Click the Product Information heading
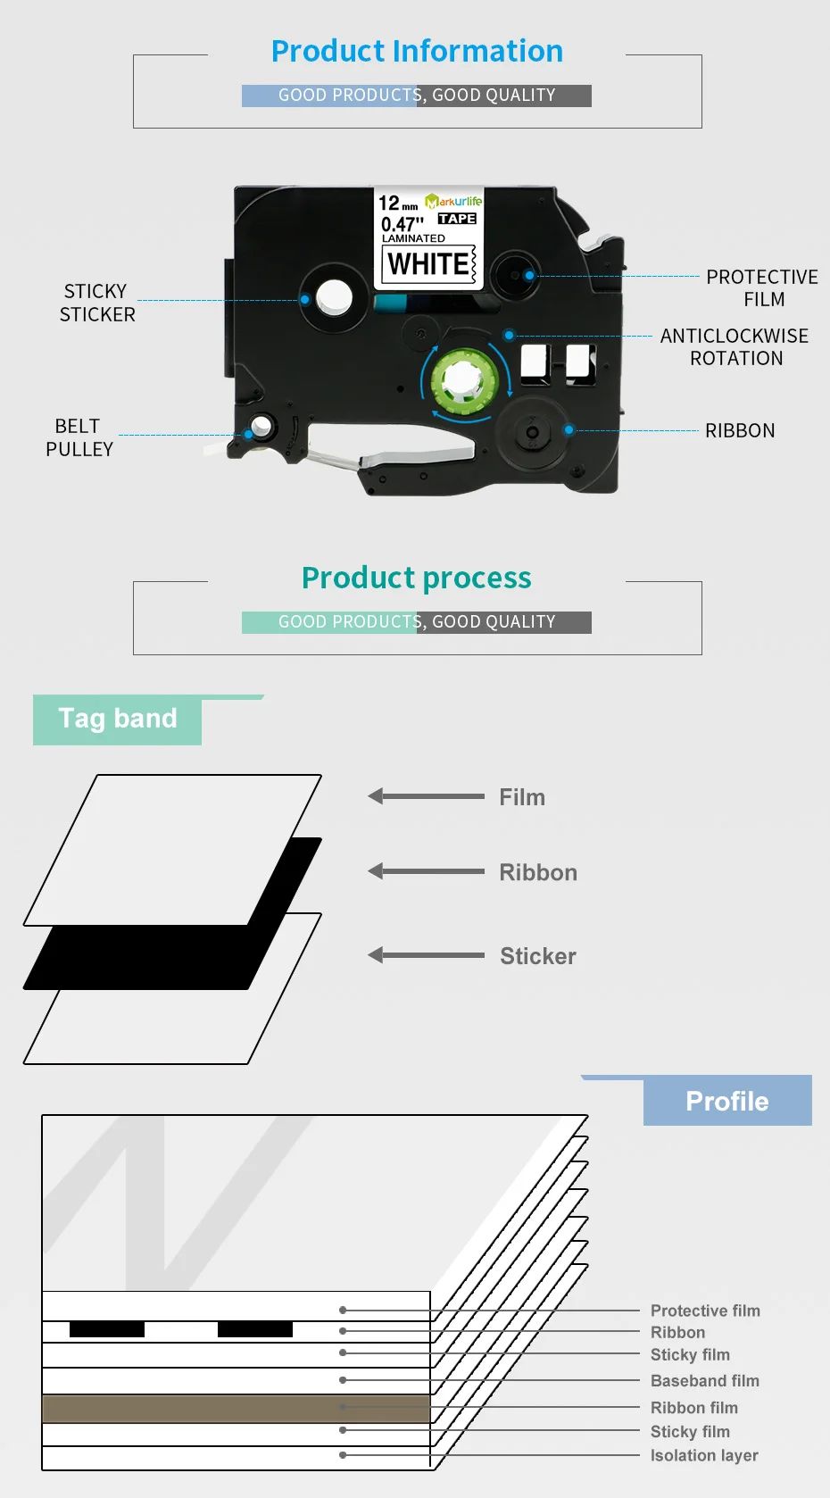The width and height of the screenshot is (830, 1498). [x=417, y=52]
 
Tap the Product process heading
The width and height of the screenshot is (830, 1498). [x=416, y=578]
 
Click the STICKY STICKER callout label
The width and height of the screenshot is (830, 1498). [x=96, y=303]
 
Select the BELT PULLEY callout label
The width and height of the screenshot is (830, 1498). [x=79, y=437]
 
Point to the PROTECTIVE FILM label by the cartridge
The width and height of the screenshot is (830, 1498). [x=762, y=287]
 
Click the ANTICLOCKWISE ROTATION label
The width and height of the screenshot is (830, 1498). [x=735, y=346]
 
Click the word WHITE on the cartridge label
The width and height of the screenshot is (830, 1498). [x=428, y=264]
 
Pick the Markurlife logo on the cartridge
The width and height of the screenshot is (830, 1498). [x=454, y=202]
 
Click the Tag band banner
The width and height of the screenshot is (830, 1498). [x=118, y=719]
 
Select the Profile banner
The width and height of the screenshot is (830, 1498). [x=727, y=1101]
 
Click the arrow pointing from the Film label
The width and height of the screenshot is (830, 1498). [x=426, y=796]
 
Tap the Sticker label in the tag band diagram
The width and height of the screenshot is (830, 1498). [x=537, y=956]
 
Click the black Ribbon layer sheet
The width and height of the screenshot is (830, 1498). [x=143, y=957]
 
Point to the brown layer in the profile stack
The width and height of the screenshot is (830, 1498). [x=237, y=1409]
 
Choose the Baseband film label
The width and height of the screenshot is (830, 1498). [x=704, y=1381]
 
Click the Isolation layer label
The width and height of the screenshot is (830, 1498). [x=704, y=1455]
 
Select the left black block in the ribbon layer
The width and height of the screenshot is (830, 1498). [x=107, y=1329]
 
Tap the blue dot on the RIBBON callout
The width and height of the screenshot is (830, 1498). [x=569, y=430]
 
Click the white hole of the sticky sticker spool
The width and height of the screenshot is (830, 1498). [x=334, y=297]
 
